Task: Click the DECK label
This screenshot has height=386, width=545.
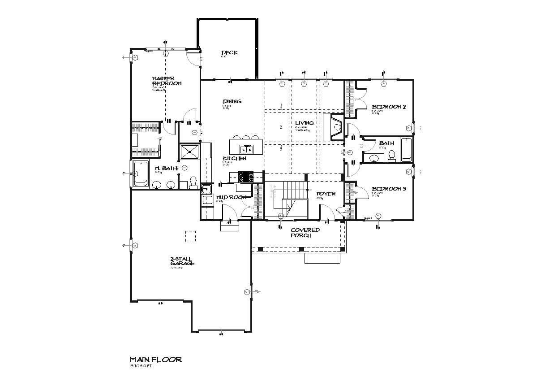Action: click(229, 53)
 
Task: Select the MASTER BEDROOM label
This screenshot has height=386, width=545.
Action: click(166, 81)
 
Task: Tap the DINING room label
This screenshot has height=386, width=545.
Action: click(232, 101)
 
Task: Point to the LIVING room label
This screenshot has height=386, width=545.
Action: click(304, 123)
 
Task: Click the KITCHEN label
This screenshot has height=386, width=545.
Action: click(234, 159)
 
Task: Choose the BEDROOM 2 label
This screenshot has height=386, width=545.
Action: click(389, 107)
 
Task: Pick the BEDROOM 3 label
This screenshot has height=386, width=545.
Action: click(389, 189)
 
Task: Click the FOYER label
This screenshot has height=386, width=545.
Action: click(326, 194)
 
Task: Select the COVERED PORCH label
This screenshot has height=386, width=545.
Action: click(305, 233)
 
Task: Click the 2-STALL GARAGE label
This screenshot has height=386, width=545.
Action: click(182, 261)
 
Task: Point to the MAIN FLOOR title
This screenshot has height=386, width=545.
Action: click(155, 360)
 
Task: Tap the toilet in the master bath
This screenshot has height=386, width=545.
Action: click(193, 182)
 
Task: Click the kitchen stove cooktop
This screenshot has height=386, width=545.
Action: click(245, 176)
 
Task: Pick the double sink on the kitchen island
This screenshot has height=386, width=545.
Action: click(245, 149)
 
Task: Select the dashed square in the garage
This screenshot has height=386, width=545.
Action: click(191, 235)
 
